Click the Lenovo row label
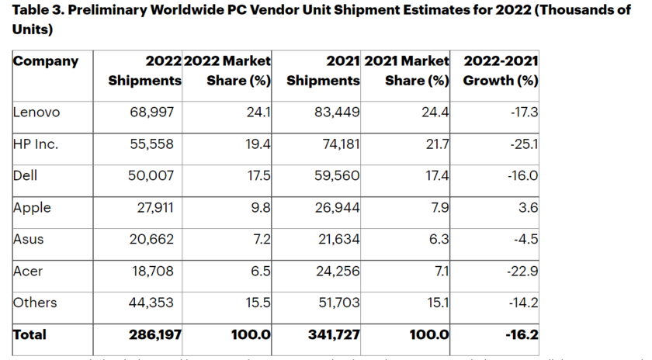pyautogui.click(x=36, y=112)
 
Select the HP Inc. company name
pyautogui.click(x=36, y=144)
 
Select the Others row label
pyautogui.click(x=35, y=303)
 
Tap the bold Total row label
pyautogui.click(x=29, y=334)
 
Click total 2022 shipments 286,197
pyautogui.click(x=147, y=335)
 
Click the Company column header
pyautogui.click(x=46, y=61)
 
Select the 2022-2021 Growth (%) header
pyautogui.click(x=501, y=70)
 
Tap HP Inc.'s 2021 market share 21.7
pyautogui.click(x=439, y=144)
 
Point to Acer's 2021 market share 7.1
pyautogui.click(x=442, y=271)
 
